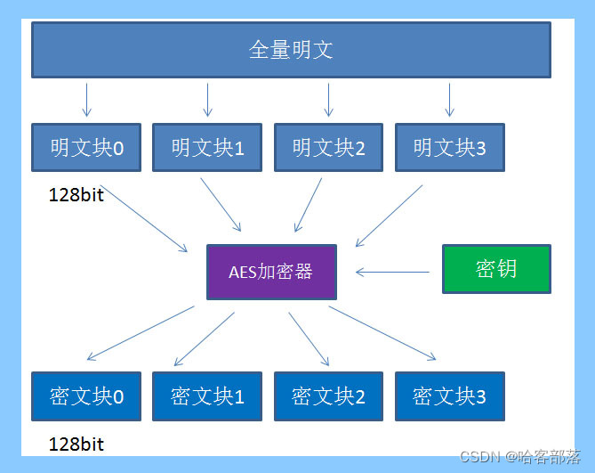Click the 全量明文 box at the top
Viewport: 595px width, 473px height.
[x=291, y=50]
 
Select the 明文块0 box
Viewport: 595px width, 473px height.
[x=86, y=147]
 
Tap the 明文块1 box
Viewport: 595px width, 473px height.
[x=207, y=147]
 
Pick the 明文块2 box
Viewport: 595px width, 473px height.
[x=328, y=147]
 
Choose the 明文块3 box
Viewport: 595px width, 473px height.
[x=449, y=147]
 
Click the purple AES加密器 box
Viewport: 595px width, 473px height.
[x=271, y=272]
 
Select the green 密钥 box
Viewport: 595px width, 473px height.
[x=496, y=269]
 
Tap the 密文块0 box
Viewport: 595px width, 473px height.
[x=86, y=396]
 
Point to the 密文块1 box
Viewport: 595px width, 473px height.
[x=207, y=396]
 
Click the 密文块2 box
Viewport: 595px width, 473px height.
[x=328, y=396]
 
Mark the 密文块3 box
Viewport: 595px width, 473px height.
[x=449, y=396]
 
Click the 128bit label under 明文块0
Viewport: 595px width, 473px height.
[x=76, y=195]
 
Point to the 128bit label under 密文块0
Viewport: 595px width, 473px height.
[x=76, y=444]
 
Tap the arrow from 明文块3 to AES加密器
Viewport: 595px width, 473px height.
[x=390, y=216]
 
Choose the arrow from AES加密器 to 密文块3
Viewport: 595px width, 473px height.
[x=382, y=333]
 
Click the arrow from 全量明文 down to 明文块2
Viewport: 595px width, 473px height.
[x=328, y=99]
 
